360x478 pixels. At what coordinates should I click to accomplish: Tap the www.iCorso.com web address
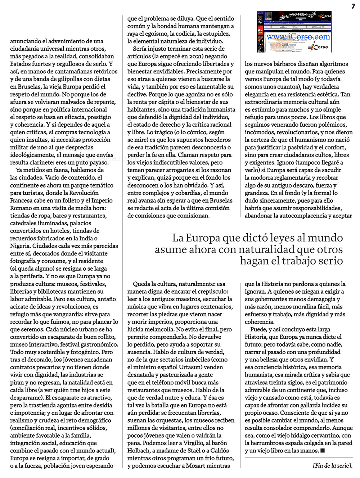point(298,37)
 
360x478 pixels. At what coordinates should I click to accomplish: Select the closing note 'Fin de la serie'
point(332,465)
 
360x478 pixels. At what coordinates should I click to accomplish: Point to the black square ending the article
point(323,450)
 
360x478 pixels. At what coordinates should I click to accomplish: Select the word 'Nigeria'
point(20,246)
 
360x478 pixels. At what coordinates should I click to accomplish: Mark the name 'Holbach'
point(139,451)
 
